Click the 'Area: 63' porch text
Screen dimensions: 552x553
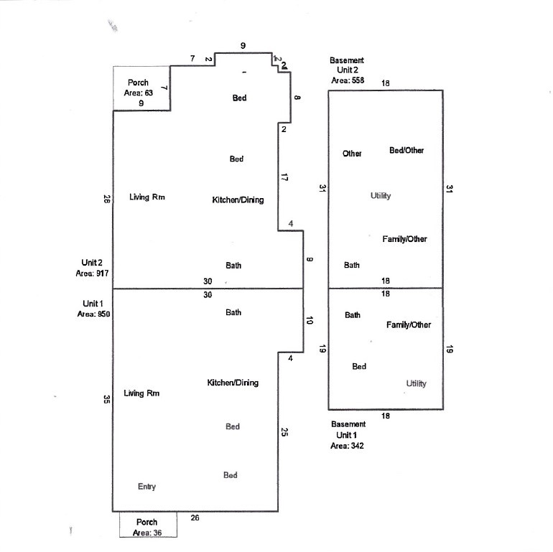pos(139,93)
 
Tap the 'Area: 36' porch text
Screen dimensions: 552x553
pos(147,533)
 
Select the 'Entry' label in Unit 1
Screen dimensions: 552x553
pos(147,487)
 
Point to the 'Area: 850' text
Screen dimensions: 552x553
pos(93,314)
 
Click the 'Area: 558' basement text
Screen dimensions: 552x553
pos(348,81)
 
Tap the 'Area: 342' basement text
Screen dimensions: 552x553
pos(348,446)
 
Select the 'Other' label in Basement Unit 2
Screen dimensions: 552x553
pos(352,154)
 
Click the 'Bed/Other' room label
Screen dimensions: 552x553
pos(406,151)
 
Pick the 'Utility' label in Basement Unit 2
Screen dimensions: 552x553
pos(381,196)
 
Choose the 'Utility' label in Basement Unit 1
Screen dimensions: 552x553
pos(416,383)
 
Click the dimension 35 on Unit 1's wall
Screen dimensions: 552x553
pos(107,399)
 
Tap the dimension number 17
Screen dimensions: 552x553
pos(284,177)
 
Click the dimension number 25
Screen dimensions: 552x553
pos(284,432)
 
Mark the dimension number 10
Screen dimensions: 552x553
pos(310,322)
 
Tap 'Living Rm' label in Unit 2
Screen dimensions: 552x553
pos(148,197)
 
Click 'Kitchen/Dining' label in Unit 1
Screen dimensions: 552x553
pos(233,383)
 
